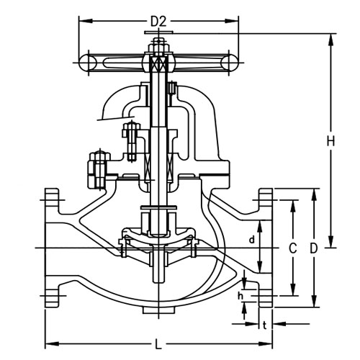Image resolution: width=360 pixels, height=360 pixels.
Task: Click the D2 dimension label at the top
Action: point(158,21)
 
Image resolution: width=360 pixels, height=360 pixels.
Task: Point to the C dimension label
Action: point(292,248)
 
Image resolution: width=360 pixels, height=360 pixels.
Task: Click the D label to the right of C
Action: point(314,248)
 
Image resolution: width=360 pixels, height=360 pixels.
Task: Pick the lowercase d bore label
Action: point(251,238)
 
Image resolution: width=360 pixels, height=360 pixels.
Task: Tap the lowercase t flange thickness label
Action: point(265,325)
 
